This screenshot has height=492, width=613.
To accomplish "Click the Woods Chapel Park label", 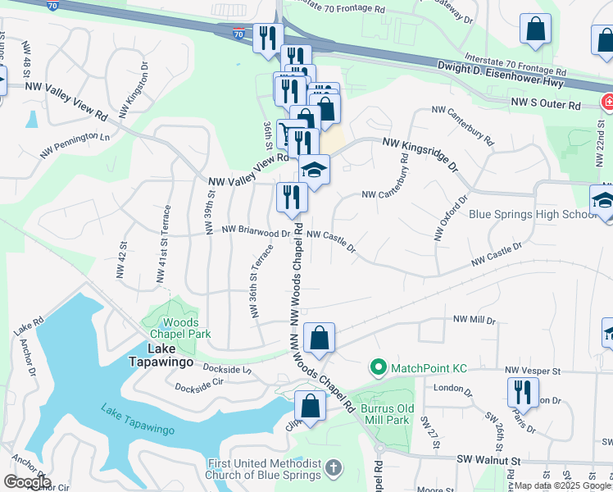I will (174, 327).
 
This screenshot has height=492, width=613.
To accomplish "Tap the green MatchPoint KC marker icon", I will (378, 368).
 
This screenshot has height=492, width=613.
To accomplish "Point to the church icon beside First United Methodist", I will (333, 468).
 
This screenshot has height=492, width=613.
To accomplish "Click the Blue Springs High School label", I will (532, 215).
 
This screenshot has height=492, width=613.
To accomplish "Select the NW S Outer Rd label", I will (545, 105).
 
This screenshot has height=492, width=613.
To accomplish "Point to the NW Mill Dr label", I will (475, 320).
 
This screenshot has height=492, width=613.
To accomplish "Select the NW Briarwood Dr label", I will (256, 232).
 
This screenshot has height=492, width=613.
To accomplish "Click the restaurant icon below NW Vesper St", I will (520, 391).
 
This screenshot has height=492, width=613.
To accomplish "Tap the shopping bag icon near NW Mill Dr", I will (319, 336).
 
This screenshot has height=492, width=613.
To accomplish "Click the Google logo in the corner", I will (26, 482).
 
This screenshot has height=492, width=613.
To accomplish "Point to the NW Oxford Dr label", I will (451, 218).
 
